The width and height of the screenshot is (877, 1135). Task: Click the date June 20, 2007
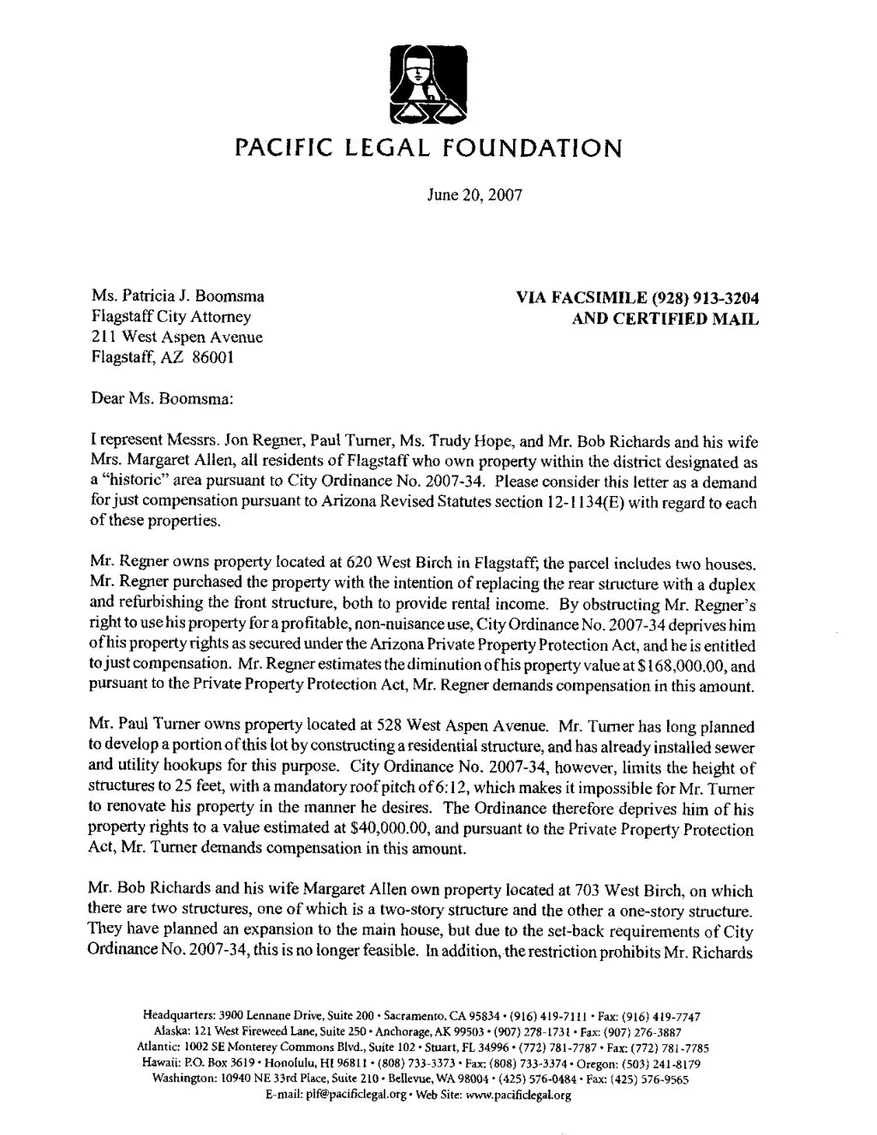(x=474, y=194)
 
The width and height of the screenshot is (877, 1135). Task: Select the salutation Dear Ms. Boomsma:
(x=160, y=397)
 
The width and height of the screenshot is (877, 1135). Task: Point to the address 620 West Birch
(x=399, y=565)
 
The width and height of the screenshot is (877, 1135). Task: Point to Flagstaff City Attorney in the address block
(x=170, y=318)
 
